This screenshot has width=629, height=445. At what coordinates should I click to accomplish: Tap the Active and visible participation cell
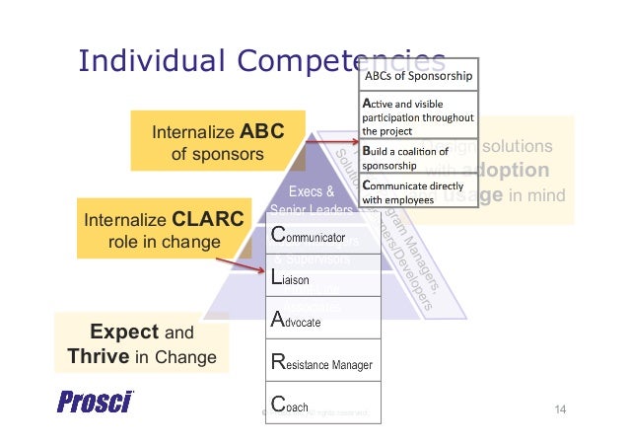click(419, 115)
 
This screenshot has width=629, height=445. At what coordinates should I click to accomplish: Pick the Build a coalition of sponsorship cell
click(419, 158)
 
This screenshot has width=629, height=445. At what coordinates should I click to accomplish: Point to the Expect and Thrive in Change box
click(142, 342)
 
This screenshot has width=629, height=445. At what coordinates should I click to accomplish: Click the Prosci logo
click(95, 403)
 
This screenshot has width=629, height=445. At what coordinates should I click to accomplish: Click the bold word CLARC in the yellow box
click(207, 219)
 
